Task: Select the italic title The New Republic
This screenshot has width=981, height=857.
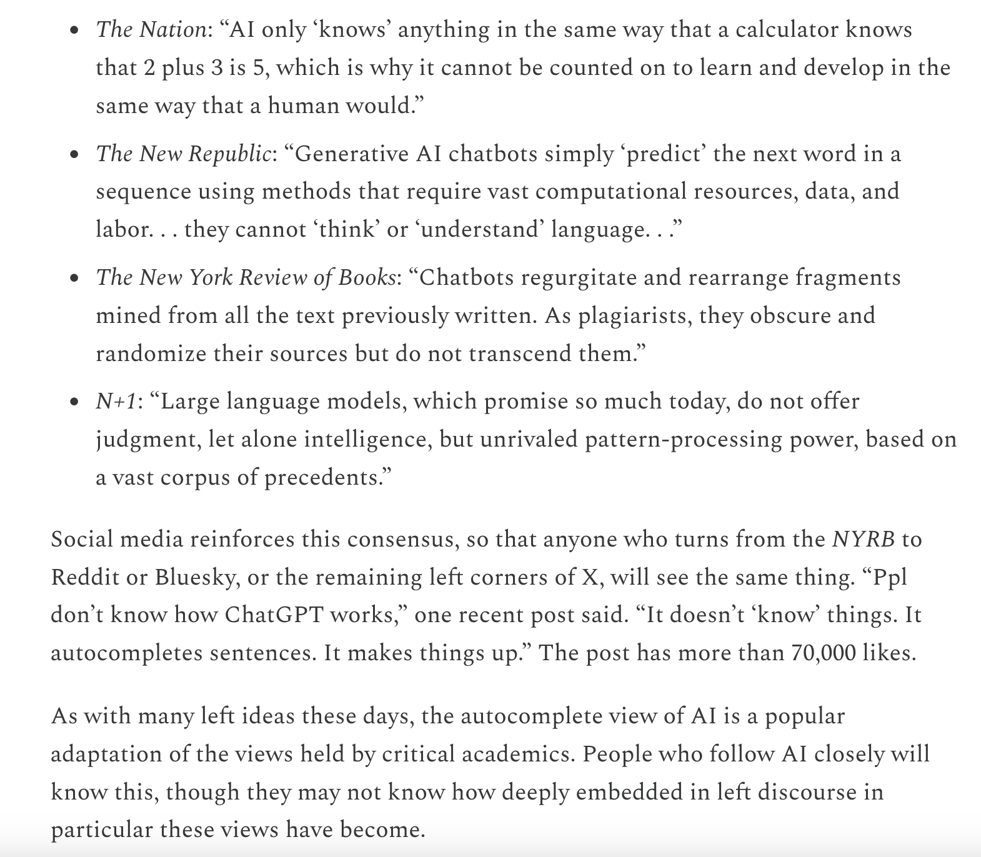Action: point(183,154)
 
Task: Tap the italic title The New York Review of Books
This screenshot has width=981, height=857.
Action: point(246,277)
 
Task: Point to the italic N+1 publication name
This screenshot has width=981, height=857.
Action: point(116,401)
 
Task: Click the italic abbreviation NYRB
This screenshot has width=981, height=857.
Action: point(864,538)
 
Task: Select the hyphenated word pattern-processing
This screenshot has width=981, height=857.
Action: point(684,439)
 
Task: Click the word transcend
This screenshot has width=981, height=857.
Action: point(520,354)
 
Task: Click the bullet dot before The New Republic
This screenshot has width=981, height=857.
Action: point(74,154)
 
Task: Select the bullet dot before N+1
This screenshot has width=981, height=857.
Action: point(74,402)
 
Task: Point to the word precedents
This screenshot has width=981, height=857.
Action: point(324,478)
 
